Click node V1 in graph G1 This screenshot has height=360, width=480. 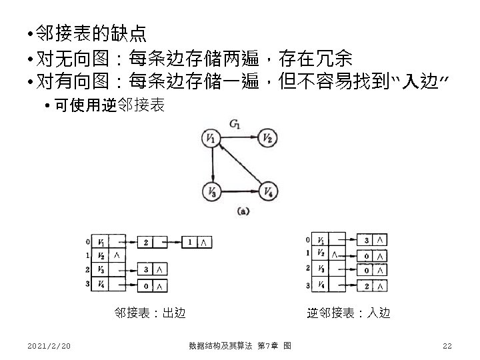[x=211, y=139]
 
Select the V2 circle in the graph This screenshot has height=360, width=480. [x=267, y=139]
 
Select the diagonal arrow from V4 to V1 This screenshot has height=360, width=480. [x=240, y=166]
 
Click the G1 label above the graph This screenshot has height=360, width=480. [x=235, y=123]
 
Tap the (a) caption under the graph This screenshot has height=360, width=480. [x=243, y=211]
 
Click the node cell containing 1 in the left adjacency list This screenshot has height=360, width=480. [x=191, y=241]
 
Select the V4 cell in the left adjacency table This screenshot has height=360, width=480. [x=101, y=285]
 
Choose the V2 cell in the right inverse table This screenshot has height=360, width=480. [x=322, y=254]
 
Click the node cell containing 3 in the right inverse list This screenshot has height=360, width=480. [x=367, y=239]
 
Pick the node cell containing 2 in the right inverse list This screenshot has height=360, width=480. [x=367, y=285]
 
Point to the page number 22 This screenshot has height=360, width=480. [x=447, y=345]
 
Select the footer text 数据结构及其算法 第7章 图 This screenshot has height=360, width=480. [x=239, y=345]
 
